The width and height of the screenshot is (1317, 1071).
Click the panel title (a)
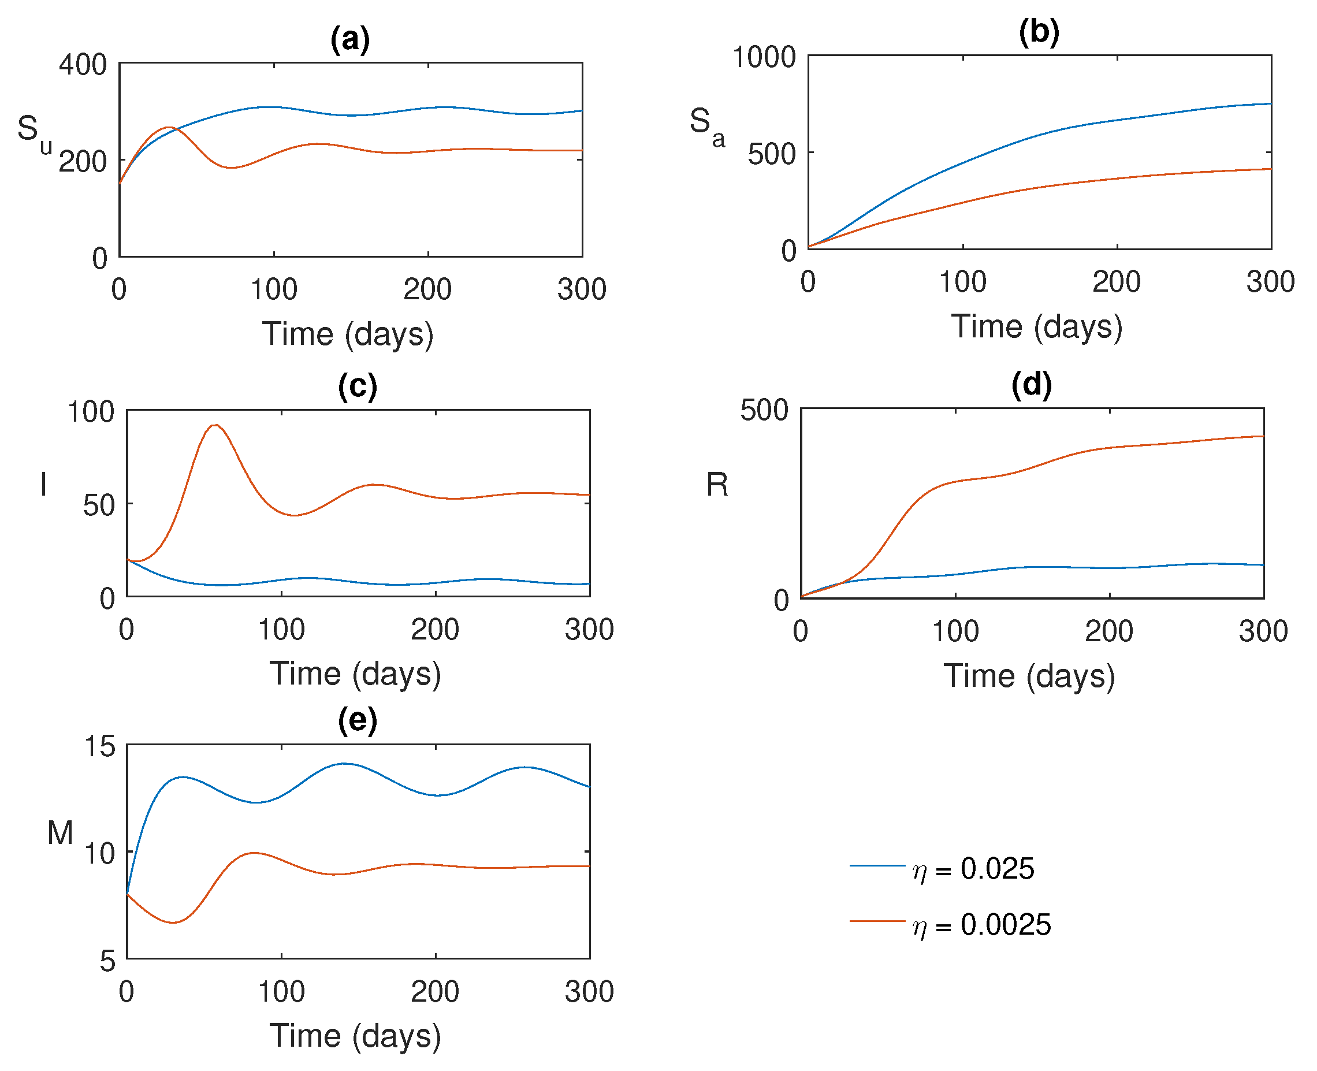coord(350,40)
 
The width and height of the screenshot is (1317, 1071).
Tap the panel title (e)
coord(357,720)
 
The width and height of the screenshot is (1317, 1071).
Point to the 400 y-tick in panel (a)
coord(83,65)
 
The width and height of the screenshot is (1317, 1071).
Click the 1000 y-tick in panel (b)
coord(764,57)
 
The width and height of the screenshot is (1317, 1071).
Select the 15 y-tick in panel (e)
coord(99,746)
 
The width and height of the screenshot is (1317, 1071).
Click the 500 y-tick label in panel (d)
coord(764,410)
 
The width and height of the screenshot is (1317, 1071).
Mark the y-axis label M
coord(60,833)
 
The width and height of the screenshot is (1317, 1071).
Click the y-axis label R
coord(717,484)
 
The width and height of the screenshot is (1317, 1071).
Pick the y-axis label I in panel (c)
coord(43,484)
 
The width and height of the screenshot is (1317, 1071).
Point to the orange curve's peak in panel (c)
coord(215,425)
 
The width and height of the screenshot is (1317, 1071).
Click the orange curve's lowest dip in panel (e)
coord(173,923)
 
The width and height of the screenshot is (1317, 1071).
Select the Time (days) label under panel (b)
coord(1036,326)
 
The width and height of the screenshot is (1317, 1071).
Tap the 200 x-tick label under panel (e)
coord(435,992)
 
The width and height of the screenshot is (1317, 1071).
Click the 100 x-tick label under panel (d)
coord(955,631)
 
